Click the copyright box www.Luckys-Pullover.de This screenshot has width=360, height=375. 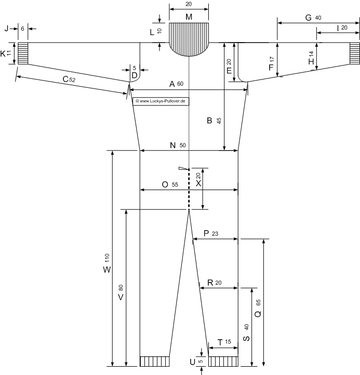(x=161, y=101)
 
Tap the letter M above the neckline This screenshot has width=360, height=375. (x=189, y=17)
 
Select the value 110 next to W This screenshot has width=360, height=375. (x=107, y=259)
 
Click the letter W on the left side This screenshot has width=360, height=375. (x=107, y=270)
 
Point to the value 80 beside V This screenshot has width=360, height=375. (x=121, y=288)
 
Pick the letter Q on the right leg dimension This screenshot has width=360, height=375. (x=258, y=314)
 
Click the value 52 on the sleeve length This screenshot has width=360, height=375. (x=72, y=79)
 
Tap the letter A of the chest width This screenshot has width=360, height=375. (x=172, y=84)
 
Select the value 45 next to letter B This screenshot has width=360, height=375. (x=219, y=121)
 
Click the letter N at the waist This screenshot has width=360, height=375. (x=172, y=145)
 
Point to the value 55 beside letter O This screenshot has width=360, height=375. (x=175, y=184)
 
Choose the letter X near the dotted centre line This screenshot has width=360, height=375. (x=198, y=183)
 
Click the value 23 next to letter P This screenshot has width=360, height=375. (x=215, y=234)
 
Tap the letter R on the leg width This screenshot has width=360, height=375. (x=210, y=283)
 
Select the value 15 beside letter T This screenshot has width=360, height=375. (x=228, y=342)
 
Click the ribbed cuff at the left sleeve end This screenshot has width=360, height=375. (x=23, y=53)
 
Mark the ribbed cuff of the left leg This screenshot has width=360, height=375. (x=154, y=361)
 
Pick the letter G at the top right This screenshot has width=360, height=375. (x=309, y=18)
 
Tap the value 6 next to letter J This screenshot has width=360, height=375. (x=22, y=29)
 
